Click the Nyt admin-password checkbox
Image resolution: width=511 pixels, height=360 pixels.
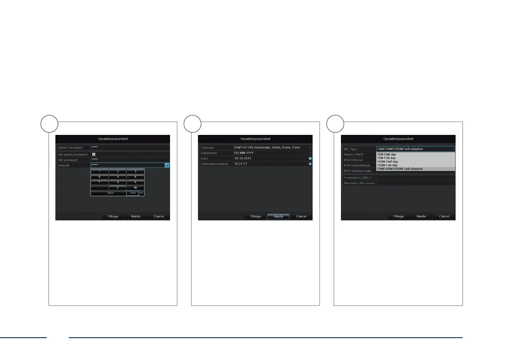click(94, 154)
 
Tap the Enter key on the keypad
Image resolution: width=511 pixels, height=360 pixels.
click(132, 193)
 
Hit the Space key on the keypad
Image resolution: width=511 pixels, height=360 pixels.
click(108, 193)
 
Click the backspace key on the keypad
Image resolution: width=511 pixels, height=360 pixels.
click(135, 188)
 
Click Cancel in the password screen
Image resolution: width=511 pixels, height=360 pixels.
click(158, 217)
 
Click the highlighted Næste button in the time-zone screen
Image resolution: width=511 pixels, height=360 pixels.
click(278, 217)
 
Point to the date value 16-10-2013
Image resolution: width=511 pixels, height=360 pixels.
click(243, 159)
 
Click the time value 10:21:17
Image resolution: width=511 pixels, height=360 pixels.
click(241, 164)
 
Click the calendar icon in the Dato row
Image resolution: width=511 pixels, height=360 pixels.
click(310, 159)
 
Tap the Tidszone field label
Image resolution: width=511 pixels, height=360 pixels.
click(207, 147)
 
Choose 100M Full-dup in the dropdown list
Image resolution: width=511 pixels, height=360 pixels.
click(387, 165)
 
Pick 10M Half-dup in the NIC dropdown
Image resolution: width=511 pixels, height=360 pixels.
click(386, 154)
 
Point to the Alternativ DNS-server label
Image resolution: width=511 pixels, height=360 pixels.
click(359, 183)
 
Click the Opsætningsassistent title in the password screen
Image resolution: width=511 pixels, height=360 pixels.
click(113, 139)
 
